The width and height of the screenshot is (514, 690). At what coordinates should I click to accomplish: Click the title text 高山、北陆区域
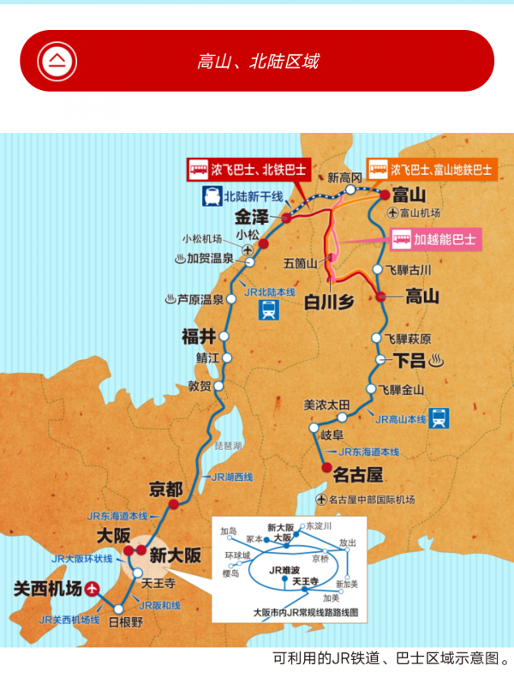click(258, 61)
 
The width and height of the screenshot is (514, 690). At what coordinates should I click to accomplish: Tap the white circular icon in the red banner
click(57, 61)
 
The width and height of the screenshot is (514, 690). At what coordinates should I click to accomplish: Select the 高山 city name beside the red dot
click(421, 297)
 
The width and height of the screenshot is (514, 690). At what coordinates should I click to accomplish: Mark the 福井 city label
click(197, 335)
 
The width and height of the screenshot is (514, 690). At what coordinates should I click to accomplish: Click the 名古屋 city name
click(357, 473)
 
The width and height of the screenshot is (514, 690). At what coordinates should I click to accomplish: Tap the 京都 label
click(165, 490)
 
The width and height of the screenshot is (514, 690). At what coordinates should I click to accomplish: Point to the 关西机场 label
click(48, 589)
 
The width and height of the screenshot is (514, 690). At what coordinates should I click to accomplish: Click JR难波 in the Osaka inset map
click(284, 569)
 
